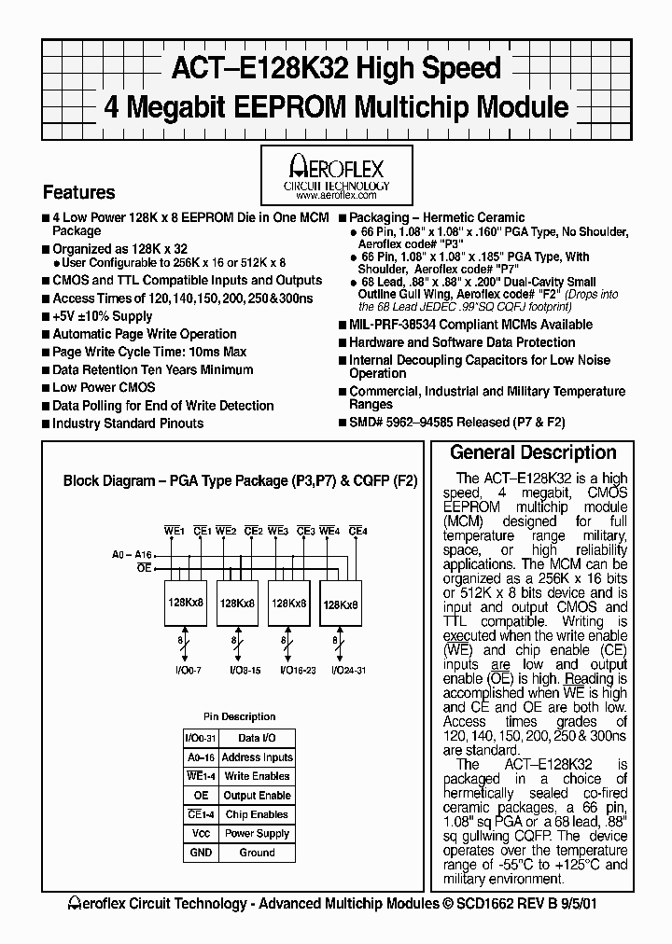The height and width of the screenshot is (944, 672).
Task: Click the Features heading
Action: tap(79, 193)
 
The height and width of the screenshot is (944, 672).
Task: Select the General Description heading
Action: tap(533, 453)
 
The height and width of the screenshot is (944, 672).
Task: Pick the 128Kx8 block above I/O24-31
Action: tap(340, 604)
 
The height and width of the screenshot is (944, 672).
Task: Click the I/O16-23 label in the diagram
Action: tap(289, 670)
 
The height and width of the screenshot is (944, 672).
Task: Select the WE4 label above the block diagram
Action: tap(329, 531)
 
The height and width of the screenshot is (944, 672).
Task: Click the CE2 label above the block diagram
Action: tap(253, 531)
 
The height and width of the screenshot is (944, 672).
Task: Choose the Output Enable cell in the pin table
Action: tap(257, 796)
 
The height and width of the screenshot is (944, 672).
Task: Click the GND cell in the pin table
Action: tap(201, 853)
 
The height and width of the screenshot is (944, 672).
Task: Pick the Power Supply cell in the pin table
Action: tap(257, 834)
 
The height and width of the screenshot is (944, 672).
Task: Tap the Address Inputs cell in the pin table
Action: tap(257, 757)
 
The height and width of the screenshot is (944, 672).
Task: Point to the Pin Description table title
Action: tap(239, 716)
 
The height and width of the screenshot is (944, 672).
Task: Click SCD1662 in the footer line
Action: tap(495, 904)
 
